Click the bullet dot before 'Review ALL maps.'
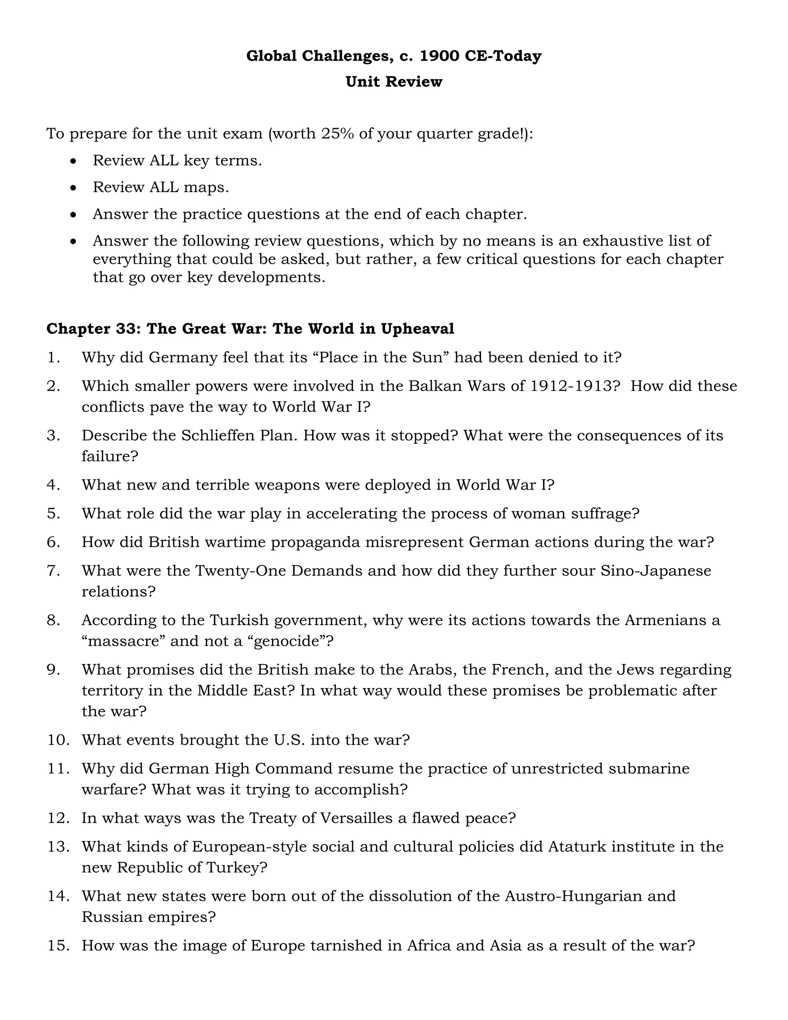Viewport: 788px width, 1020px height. coord(73,188)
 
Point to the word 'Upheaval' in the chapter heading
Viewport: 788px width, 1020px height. coord(417,329)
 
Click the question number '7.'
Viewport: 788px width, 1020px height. coord(54,571)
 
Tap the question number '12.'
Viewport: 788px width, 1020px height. coord(58,818)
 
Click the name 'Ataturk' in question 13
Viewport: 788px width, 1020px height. coord(576,847)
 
